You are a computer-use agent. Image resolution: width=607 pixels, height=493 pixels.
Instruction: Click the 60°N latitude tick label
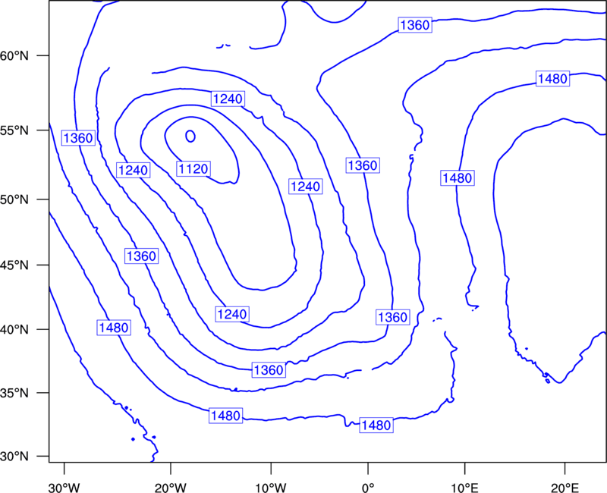[x=14, y=56]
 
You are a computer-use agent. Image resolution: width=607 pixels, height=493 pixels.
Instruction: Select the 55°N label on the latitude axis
[x=14, y=130]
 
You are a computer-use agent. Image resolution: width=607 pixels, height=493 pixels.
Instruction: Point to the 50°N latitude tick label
[x=14, y=199]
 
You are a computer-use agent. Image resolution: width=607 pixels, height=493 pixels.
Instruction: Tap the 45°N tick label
[x=14, y=265]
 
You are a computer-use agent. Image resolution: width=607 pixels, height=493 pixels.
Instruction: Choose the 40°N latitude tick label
[x=14, y=330]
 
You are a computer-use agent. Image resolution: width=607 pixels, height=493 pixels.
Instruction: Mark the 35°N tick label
[x=14, y=393]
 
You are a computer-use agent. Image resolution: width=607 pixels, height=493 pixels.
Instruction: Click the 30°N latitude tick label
[x=14, y=457]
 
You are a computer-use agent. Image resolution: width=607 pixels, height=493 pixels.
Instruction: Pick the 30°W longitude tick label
[x=64, y=488]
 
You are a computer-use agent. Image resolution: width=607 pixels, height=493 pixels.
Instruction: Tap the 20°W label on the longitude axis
[x=171, y=488]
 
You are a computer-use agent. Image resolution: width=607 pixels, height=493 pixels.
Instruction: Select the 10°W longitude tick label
[x=271, y=488]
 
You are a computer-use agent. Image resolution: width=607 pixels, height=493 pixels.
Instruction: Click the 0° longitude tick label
[x=368, y=488]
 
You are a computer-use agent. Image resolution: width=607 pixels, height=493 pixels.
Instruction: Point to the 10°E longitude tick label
[x=465, y=488]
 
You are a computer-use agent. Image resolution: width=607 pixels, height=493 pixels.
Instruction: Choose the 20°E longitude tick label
[x=565, y=488]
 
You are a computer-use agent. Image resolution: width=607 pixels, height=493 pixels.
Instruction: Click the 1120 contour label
[x=193, y=168]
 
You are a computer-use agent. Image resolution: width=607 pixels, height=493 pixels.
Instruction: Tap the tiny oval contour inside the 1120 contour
[x=190, y=137]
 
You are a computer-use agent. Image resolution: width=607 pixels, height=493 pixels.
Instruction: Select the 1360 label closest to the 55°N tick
[x=78, y=138]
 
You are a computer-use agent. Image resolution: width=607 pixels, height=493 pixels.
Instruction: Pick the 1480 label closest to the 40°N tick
[x=114, y=328]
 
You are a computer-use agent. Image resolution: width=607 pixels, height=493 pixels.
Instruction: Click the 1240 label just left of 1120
[x=134, y=170]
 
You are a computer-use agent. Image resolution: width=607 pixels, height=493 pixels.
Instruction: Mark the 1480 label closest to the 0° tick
[x=376, y=425]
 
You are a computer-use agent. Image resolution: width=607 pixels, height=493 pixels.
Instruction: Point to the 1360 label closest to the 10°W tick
[x=269, y=370]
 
